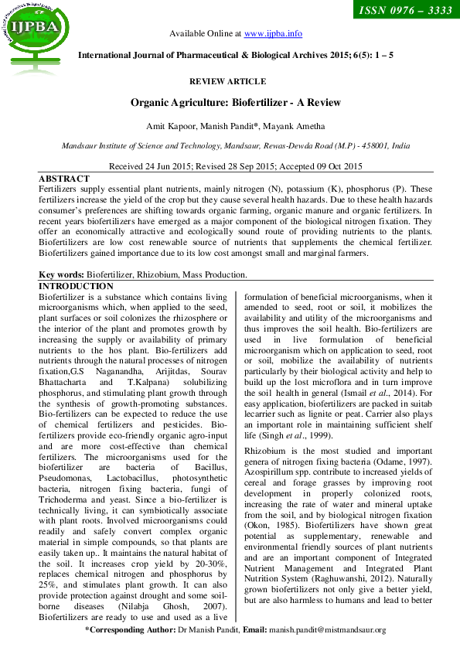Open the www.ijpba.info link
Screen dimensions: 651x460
[x=273, y=34]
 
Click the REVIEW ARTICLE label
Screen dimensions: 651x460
[x=227, y=81]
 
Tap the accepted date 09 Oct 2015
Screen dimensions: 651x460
[x=334, y=166]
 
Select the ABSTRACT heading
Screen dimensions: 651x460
[x=63, y=177]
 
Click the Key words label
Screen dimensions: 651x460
[x=61, y=274]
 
